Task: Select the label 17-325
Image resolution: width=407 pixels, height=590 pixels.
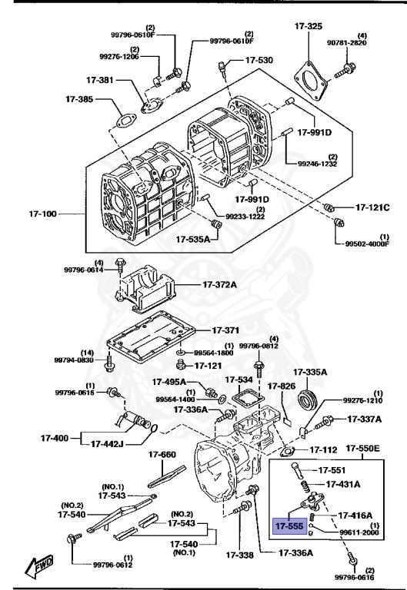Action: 308,26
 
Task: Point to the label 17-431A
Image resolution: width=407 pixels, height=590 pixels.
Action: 347,485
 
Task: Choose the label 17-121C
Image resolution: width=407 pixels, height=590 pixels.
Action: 372,207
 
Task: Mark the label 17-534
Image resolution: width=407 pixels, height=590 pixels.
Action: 239,380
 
